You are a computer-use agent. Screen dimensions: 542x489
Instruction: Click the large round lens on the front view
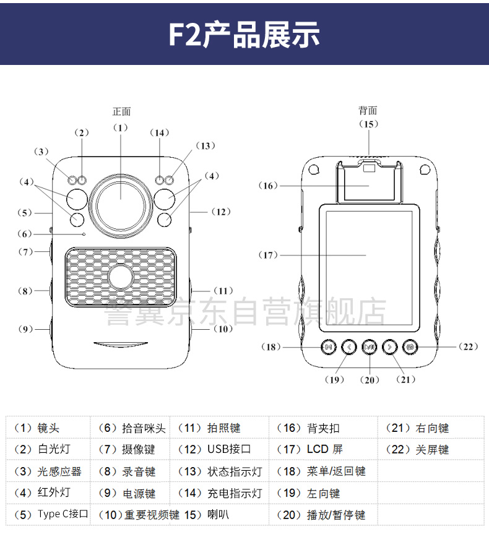click(121, 199)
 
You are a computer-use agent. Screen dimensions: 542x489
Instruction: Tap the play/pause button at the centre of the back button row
click(370, 347)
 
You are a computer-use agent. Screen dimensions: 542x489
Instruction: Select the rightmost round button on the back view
click(410, 347)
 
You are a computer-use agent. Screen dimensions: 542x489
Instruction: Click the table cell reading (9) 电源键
click(127, 493)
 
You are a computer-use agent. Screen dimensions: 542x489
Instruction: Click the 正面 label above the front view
click(121, 112)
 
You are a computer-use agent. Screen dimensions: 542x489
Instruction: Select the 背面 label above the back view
click(368, 111)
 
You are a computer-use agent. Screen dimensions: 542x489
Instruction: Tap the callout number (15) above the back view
click(368, 124)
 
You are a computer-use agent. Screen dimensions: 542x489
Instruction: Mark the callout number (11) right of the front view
click(223, 290)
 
